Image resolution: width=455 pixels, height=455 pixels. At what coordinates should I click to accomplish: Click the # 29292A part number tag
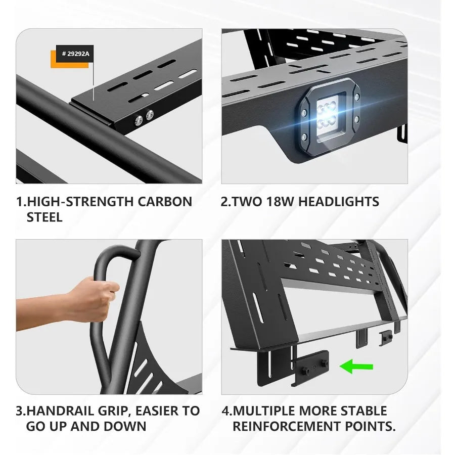[x=74, y=54]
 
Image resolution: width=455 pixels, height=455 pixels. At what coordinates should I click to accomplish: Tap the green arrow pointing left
[x=356, y=366]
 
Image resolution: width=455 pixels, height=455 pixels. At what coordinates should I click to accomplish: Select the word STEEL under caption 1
[x=44, y=217]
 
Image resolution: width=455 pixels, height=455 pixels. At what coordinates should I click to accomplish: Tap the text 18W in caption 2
[x=279, y=202]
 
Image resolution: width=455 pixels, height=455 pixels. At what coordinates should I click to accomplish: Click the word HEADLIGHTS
[x=339, y=202]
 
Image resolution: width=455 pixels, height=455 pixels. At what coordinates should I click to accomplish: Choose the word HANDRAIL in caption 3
[x=56, y=411]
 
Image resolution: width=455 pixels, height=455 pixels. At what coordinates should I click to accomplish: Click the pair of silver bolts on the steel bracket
[x=143, y=118]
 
